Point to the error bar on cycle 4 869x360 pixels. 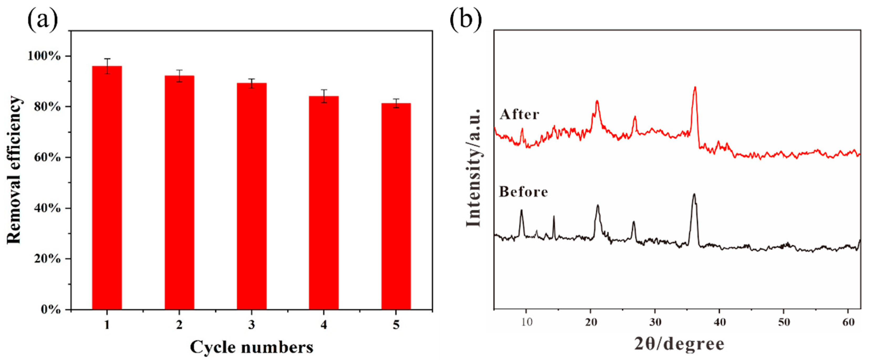[324, 96]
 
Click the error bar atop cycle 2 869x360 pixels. [179, 76]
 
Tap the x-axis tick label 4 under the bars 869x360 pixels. [324, 325]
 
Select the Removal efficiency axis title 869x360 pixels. [14, 170]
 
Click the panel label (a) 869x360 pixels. [43, 20]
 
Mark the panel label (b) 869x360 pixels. [466, 20]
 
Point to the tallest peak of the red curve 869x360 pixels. [695, 88]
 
